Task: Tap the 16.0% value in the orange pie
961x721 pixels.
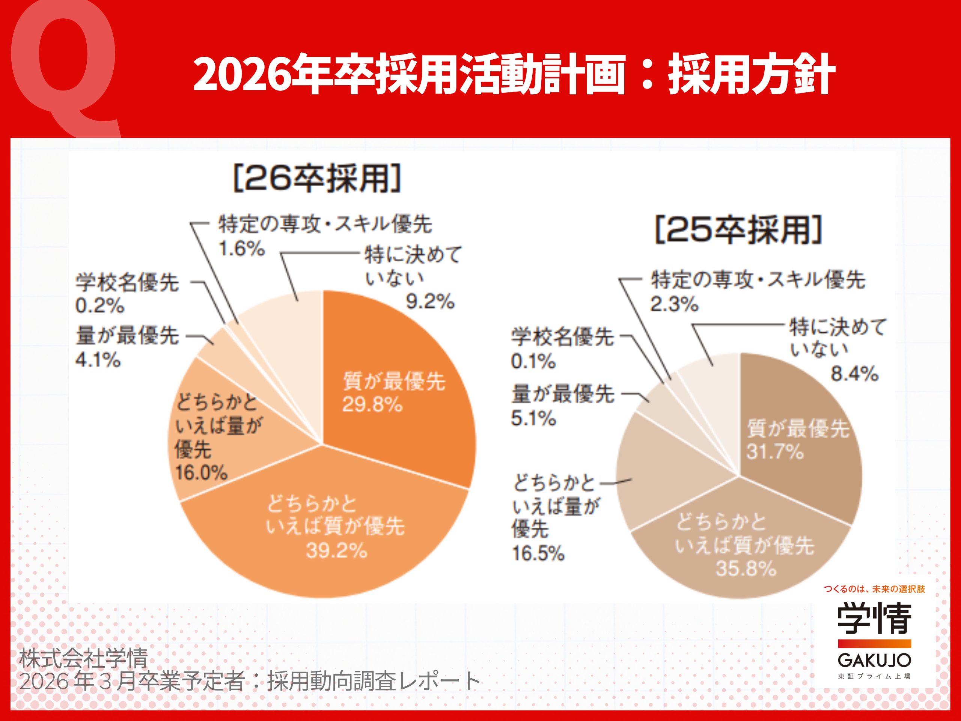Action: (x=201, y=473)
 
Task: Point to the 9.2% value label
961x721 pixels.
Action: (x=430, y=301)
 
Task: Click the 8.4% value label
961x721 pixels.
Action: (x=854, y=374)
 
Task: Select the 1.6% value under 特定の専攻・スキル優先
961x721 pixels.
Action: (x=241, y=249)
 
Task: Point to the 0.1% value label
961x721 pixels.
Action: (x=533, y=361)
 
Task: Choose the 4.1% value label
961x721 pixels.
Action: (x=98, y=360)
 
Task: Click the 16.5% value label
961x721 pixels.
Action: (x=538, y=553)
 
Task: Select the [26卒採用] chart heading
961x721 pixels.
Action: (x=317, y=178)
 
